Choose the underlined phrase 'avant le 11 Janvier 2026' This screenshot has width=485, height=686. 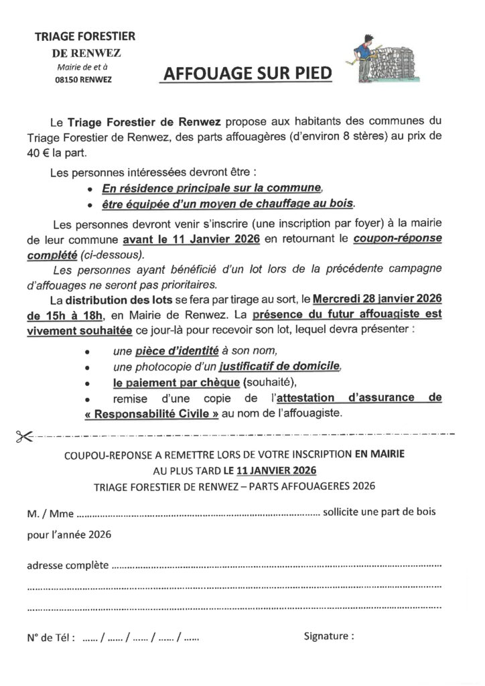(191, 239)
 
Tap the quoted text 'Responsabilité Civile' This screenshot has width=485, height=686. (153, 413)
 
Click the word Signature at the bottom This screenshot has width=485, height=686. (329, 636)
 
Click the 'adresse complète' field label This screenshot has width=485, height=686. (67, 565)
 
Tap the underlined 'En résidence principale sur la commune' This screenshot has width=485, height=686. (212, 188)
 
